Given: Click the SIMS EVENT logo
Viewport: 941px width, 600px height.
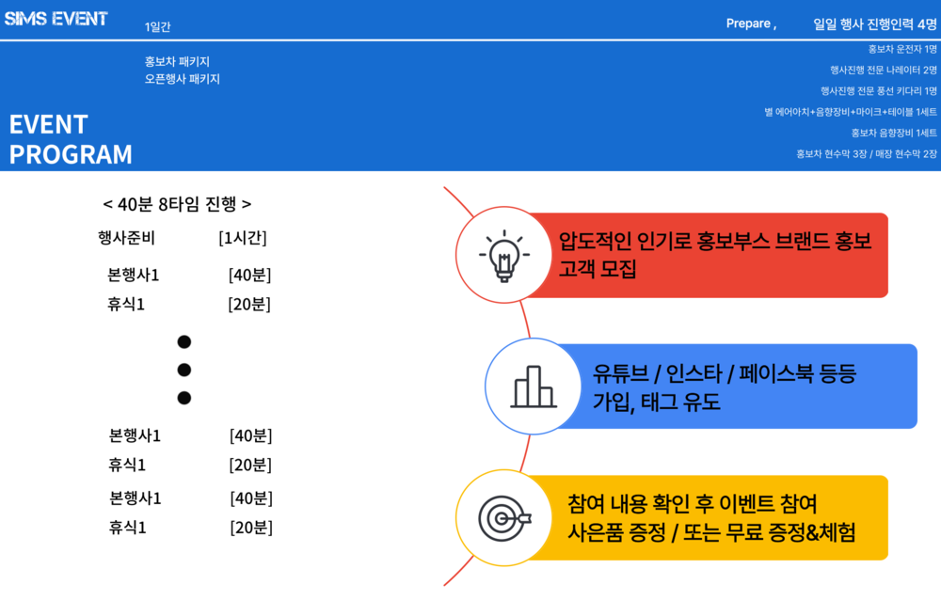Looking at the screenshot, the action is click(x=56, y=19).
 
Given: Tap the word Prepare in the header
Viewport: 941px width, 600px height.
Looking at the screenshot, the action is click(x=748, y=24).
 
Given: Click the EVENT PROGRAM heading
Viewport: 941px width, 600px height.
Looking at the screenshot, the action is click(x=71, y=139).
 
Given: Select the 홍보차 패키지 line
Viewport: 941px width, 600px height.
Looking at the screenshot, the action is click(x=177, y=61).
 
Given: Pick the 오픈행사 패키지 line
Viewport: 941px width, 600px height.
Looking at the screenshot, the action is click(x=182, y=79).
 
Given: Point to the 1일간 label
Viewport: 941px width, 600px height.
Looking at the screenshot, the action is click(x=157, y=26).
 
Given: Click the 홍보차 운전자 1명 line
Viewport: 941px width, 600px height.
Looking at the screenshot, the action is click(x=902, y=49).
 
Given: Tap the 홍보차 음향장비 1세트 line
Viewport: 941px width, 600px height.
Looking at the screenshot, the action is click(x=894, y=133).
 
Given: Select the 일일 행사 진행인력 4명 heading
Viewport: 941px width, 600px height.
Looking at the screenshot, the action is click(x=874, y=24).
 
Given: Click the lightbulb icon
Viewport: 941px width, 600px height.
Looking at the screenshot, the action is click(x=504, y=256).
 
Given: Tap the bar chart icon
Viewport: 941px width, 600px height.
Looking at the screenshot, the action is click(x=534, y=387).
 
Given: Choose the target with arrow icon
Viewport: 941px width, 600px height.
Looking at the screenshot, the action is click(x=504, y=518).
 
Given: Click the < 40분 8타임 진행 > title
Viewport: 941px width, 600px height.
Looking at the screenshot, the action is click(x=177, y=204).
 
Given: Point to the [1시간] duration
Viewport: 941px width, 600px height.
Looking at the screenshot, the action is click(x=243, y=238).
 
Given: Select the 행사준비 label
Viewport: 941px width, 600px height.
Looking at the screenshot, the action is click(x=126, y=238).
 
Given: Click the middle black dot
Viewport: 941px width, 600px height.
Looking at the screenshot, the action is click(x=184, y=370).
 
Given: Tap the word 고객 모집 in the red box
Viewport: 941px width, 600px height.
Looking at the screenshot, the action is click(x=598, y=268).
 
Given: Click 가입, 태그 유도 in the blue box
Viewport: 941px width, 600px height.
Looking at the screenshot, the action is click(x=657, y=402).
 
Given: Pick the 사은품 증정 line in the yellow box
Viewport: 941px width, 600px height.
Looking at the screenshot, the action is click(x=711, y=531).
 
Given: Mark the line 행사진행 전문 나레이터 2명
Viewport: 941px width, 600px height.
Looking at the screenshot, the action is click(x=884, y=70).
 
